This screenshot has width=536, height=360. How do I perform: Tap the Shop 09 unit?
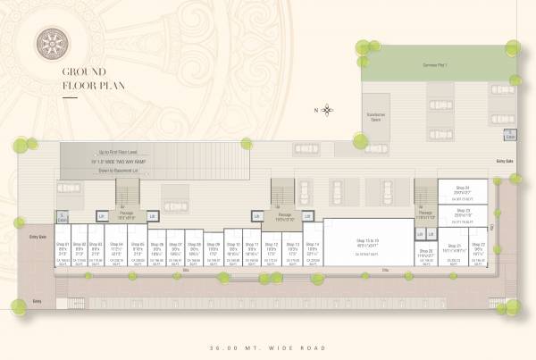(x=213, y=250)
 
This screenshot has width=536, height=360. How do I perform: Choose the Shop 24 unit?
(x=461, y=190)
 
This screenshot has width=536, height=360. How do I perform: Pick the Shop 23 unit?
(x=461, y=213)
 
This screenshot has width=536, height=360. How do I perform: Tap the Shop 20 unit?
(x=426, y=255)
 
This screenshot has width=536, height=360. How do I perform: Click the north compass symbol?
(x=328, y=111)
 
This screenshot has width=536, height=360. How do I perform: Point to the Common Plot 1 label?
(x=435, y=67)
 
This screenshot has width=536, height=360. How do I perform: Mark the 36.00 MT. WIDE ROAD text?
(x=268, y=347)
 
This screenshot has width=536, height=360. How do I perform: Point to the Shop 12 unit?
(x=270, y=249)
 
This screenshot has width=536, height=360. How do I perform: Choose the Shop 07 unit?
(x=176, y=250)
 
